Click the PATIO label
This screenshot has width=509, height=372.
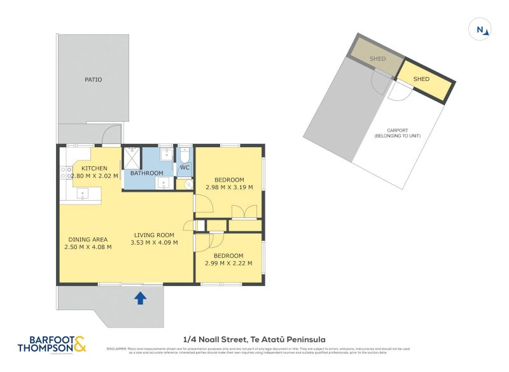pos(94,80)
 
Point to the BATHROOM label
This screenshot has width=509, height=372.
pos(147,173)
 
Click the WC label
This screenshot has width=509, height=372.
pos(185,168)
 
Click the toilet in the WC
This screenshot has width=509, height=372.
pos(185,154)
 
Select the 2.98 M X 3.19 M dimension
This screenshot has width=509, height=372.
pos(230,187)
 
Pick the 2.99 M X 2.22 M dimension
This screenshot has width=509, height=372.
pos(228,263)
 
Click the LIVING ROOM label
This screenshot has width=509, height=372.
pos(154,234)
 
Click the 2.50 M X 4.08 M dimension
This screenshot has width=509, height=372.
pos(88,247)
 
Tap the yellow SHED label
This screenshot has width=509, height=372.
pos(421,79)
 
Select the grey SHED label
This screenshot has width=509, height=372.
pos(378,59)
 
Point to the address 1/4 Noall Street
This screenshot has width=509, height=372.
pos(254,340)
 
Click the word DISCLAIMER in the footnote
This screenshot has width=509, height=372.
pos(118,348)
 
